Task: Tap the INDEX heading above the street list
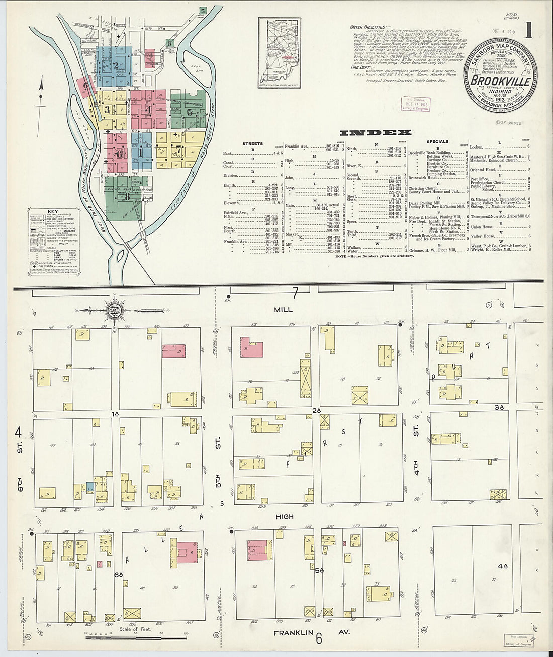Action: (x=375, y=133)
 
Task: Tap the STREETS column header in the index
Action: (x=252, y=143)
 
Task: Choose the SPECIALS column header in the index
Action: (x=437, y=142)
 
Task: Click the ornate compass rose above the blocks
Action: (x=114, y=310)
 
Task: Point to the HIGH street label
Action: (x=284, y=517)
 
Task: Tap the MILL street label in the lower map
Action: (x=284, y=310)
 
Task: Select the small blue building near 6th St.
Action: (x=89, y=487)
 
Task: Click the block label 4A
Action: (x=502, y=566)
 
